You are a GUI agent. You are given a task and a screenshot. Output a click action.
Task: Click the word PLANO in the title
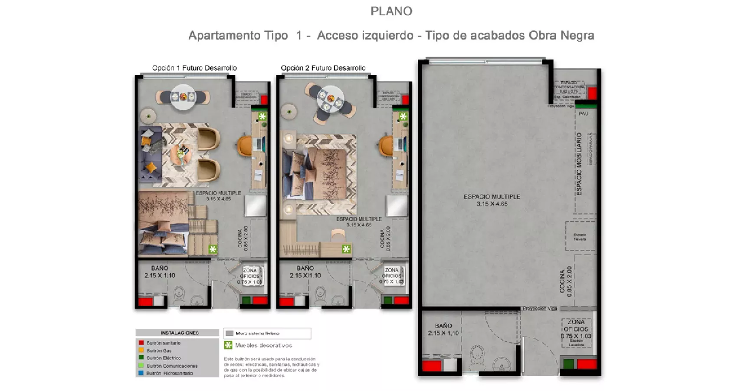pyautogui.click(x=391, y=11)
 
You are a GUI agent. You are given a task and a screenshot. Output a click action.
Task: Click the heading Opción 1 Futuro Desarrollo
pyautogui.click(x=194, y=68)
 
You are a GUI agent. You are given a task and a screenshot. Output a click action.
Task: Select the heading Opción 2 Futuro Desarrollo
pyautogui.click(x=323, y=68)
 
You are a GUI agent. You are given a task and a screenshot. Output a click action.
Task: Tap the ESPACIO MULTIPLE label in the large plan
pyautogui.click(x=492, y=197)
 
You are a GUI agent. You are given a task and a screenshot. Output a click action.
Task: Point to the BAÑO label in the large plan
pyautogui.click(x=443, y=326)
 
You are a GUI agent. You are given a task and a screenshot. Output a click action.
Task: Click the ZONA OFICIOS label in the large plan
pyautogui.click(x=576, y=325)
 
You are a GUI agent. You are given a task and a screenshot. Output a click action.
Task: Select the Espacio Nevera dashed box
pyautogui.click(x=580, y=236)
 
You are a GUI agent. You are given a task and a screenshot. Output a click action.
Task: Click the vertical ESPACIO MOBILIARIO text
pyautogui.click(x=578, y=164)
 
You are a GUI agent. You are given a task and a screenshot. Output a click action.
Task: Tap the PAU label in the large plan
pyautogui.click(x=584, y=114)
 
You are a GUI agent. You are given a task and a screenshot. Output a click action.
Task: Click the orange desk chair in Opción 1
pyautogui.click(x=244, y=145)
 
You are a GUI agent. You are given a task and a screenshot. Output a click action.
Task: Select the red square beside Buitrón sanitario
pyautogui.click(x=141, y=343)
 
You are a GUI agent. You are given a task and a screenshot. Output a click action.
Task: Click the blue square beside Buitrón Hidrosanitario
pyautogui.click(x=141, y=373)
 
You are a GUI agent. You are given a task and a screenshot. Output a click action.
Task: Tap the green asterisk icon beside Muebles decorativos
pyautogui.click(x=228, y=345)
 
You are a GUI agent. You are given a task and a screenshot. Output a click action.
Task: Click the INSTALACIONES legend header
pyautogui.click(x=179, y=333)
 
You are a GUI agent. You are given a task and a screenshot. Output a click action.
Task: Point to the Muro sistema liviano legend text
pyautogui.click(x=257, y=333)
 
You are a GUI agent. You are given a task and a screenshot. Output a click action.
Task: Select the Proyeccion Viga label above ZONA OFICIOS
pyautogui.click(x=540, y=308)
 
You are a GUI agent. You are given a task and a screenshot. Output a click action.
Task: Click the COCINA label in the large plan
pyautogui.click(x=562, y=281)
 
